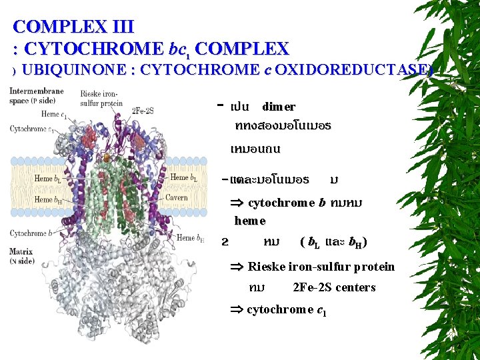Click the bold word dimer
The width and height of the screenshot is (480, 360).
(x=279, y=107)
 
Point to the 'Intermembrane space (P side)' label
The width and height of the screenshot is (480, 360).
(x=36, y=95)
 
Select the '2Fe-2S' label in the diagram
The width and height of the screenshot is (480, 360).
(x=143, y=110)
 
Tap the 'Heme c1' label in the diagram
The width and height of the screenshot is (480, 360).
(x=53, y=114)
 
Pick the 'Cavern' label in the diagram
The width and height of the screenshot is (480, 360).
(x=177, y=198)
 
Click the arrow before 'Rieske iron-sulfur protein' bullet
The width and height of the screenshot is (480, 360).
(x=237, y=267)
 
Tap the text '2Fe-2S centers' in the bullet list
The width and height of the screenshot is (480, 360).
(x=334, y=287)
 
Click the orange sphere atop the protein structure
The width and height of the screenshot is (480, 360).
(x=107, y=158)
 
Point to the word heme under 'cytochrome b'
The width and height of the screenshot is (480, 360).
(x=250, y=221)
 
